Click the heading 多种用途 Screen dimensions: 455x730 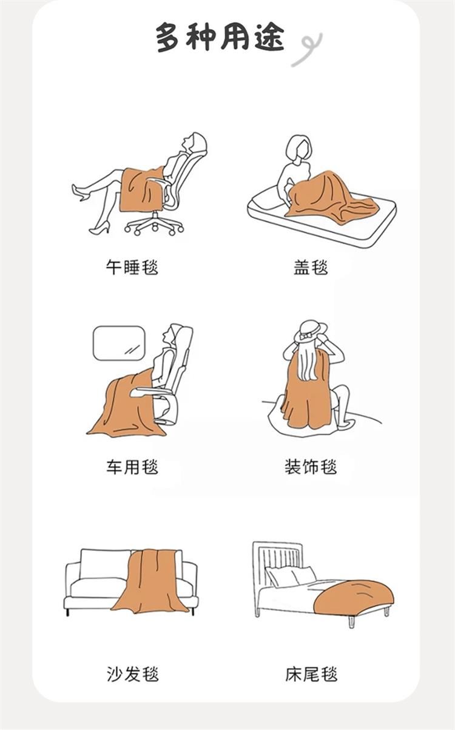point(220,38)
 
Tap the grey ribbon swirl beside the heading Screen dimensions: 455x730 point(308,49)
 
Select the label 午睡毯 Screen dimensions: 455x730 point(132,267)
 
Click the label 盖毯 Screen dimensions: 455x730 point(311,267)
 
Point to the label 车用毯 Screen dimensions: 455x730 point(132,467)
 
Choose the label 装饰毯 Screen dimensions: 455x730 point(311,467)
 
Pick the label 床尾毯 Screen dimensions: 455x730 point(311,674)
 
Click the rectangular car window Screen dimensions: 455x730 point(119,343)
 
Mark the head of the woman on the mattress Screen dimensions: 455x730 point(298,147)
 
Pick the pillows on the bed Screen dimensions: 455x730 point(290,577)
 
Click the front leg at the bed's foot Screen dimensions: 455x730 point(352,621)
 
